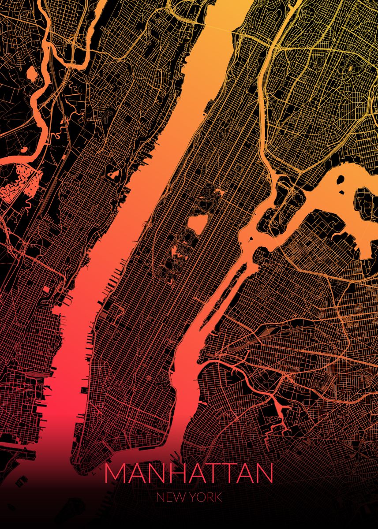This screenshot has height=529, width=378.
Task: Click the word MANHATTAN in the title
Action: [189, 473]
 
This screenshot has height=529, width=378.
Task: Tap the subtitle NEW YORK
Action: [189, 498]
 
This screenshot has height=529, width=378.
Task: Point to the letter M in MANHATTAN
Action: [114, 473]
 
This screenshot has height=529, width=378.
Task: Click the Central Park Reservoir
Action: [197, 224]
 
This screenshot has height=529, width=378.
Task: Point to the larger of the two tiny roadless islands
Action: [341, 180]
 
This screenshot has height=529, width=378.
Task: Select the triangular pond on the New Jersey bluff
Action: [114, 174]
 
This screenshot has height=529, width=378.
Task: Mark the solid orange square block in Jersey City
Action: [46, 289]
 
